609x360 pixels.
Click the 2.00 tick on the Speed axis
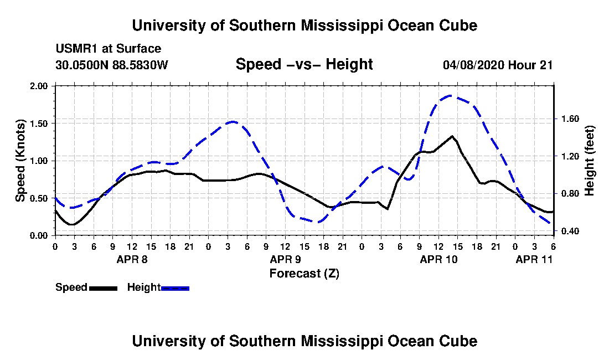pyautogui.click(x=38, y=86)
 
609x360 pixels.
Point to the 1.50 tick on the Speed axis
pyautogui.click(x=38, y=124)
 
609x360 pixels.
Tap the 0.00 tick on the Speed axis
pyautogui.click(x=38, y=236)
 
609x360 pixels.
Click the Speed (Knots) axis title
pyautogui.click(x=20, y=161)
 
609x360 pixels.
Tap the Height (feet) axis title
pyautogui.click(x=589, y=161)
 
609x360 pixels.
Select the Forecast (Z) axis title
pyautogui.click(x=304, y=274)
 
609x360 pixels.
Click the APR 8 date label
pyautogui.click(x=132, y=259)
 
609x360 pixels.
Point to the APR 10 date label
pyautogui.click(x=438, y=259)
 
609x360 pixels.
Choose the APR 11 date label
pyautogui.click(x=534, y=259)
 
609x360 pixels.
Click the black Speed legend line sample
pyautogui.click(x=103, y=288)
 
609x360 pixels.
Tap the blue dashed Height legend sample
pyautogui.click(x=175, y=288)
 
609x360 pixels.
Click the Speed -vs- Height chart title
pyautogui.click(x=304, y=64)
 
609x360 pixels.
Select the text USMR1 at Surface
pyautogui.click(x=109, y=49)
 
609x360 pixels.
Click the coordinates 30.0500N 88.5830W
pyautogui.click(x=112, y=65)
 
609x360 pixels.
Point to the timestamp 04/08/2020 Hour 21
pyautogui.click(x=498, y=65)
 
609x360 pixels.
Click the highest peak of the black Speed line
pyautogui.click(x=452, y=136)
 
